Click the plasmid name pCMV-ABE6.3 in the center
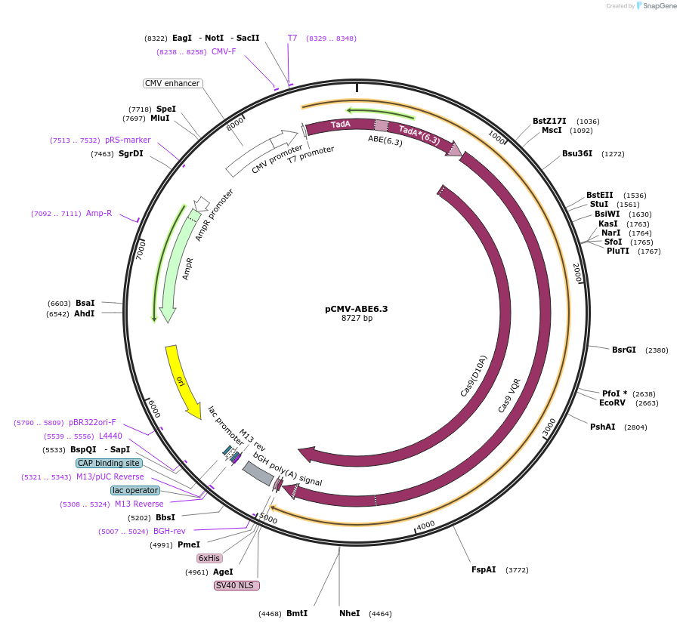coord(356,308)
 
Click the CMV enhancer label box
coord(172,83)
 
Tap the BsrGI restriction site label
coord(624,350)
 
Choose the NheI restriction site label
coord(350,613)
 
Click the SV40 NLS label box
coord(237,585)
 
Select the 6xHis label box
coord(209,558)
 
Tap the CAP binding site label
coord(109,463)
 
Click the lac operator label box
coord(135,490)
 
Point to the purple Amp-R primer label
coord(99,213)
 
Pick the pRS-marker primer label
coord(128,140)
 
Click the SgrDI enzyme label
coord(131,153)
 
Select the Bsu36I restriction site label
coord(577,153)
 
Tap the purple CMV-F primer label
coord(224,51)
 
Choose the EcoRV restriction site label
coord(613,402)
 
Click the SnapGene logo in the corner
coord(657,6)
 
